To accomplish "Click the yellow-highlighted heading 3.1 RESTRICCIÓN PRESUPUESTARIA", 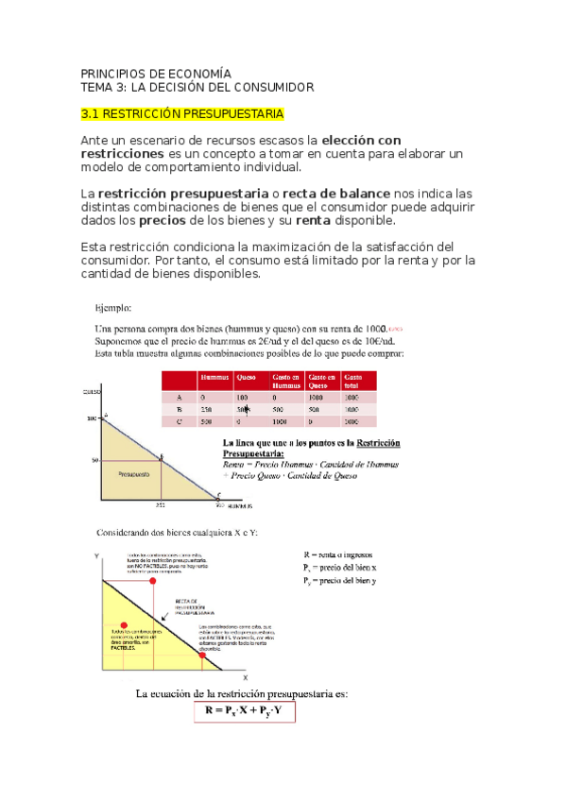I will [181, 114].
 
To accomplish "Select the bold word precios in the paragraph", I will [162, 221].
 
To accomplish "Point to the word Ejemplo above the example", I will [112, 307].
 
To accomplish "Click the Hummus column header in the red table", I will [214, 380].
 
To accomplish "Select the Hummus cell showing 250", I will [206, 410].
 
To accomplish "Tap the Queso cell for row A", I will [244, 398].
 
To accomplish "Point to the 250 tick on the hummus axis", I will [162, 505].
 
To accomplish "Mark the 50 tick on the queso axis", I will [95, 460].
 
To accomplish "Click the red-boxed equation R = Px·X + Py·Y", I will [246, 711].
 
